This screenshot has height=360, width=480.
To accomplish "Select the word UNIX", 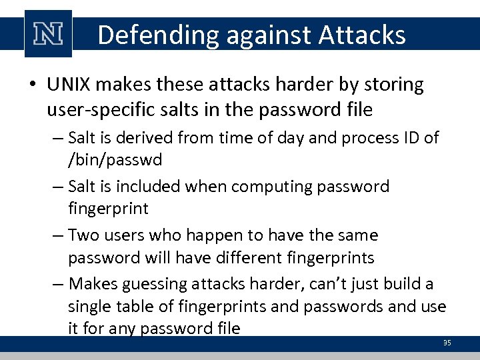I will tap(69, 85).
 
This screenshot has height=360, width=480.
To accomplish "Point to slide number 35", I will tap(447, 343).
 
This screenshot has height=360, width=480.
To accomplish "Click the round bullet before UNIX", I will tap(33, 85).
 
